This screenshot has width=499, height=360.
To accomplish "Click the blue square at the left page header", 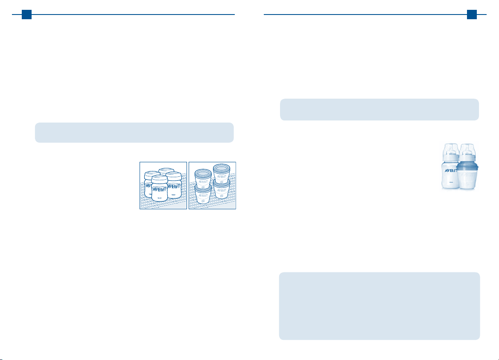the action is pos(26,15).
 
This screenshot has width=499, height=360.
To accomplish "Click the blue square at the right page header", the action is pos(472,15).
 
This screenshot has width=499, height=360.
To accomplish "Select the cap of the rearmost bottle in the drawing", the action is pos(166,171).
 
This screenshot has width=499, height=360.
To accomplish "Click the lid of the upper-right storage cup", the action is pos(222,167).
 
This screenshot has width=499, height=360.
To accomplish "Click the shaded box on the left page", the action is pos(134,132).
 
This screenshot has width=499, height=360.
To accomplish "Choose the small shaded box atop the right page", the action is pos(379,110).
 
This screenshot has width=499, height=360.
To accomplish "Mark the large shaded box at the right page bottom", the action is pos(379,306).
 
